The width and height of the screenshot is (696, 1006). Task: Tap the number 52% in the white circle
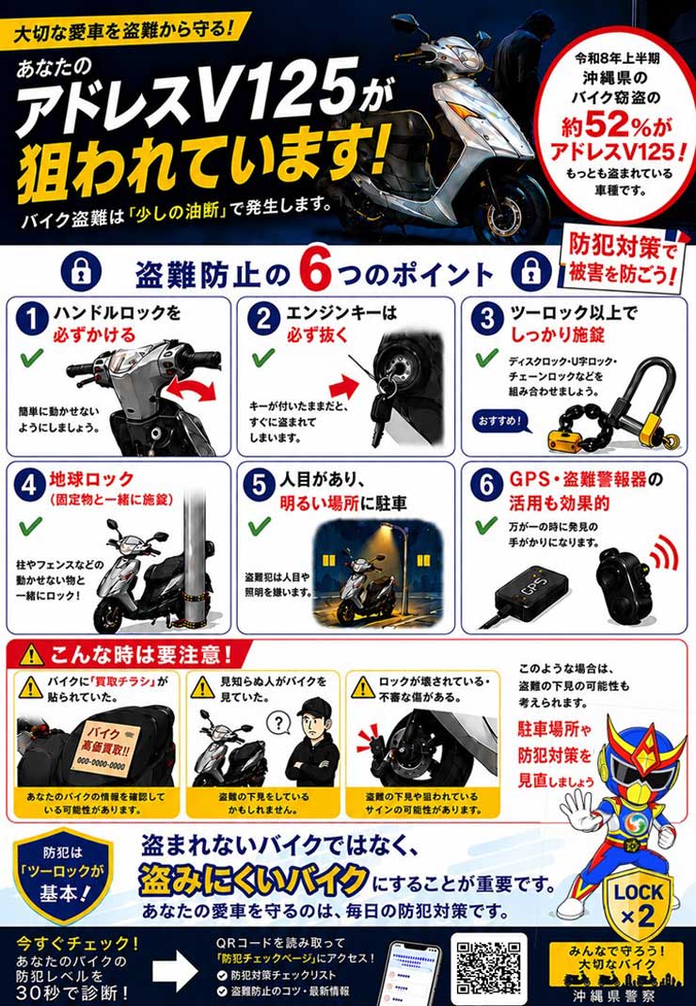(617, 125)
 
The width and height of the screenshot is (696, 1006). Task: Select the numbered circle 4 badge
(29, 487)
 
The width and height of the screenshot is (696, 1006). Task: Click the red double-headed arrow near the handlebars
(191, 389)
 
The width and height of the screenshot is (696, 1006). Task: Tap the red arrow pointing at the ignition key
(343, 387)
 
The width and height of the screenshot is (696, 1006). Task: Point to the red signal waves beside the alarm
(664, 553)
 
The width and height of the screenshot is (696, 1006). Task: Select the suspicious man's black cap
(314, 708)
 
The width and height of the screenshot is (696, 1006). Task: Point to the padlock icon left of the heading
(81, 270)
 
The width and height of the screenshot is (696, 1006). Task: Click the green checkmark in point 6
(486, 525)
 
